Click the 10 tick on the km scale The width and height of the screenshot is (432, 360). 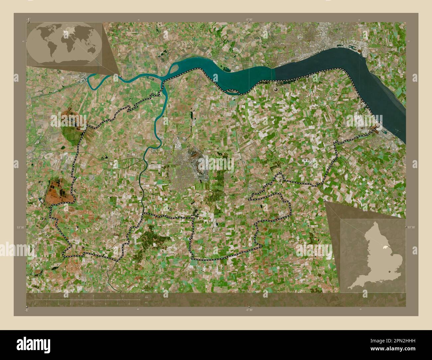pyautogui.click(x=108, y=296)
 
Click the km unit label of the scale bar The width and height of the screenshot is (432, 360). pyautogui.click(x=147, y=297)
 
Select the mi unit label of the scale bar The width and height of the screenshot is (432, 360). pyautogui.click(x=146, y=303)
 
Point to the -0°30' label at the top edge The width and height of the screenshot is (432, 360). pyautogui.click(x=249, y=20)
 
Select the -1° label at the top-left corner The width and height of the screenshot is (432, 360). pyautogui.click(x=29, y=19)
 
